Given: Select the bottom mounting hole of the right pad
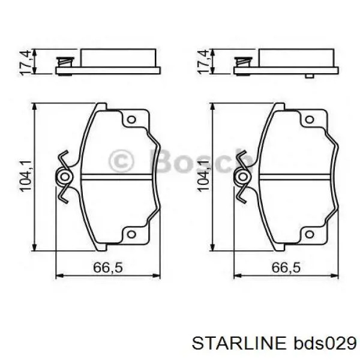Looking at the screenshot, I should (309, 233).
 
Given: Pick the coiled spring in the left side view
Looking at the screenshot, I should (62, 62).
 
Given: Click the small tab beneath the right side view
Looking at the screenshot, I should (308, 76).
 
